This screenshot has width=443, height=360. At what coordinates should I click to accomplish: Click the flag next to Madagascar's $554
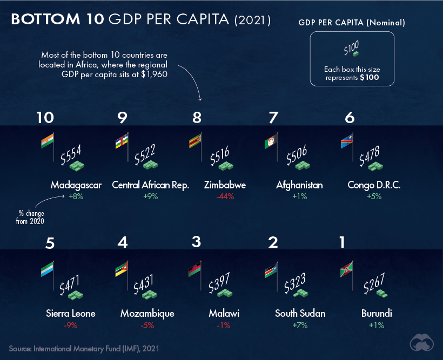(48, 141)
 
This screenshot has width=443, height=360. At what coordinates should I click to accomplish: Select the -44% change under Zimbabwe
(225, 196)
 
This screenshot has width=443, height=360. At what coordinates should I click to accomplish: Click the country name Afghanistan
(299, 185)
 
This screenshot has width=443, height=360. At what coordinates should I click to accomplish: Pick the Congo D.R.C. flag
(346, 142)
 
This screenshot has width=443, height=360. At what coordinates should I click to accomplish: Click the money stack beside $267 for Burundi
(381, 293)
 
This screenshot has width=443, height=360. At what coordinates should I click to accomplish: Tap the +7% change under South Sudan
(300, 325)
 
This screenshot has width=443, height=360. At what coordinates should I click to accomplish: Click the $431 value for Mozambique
(143, 283)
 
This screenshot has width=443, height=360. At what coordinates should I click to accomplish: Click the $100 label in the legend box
(351, 49)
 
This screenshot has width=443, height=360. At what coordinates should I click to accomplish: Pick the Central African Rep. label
(150, 185)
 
